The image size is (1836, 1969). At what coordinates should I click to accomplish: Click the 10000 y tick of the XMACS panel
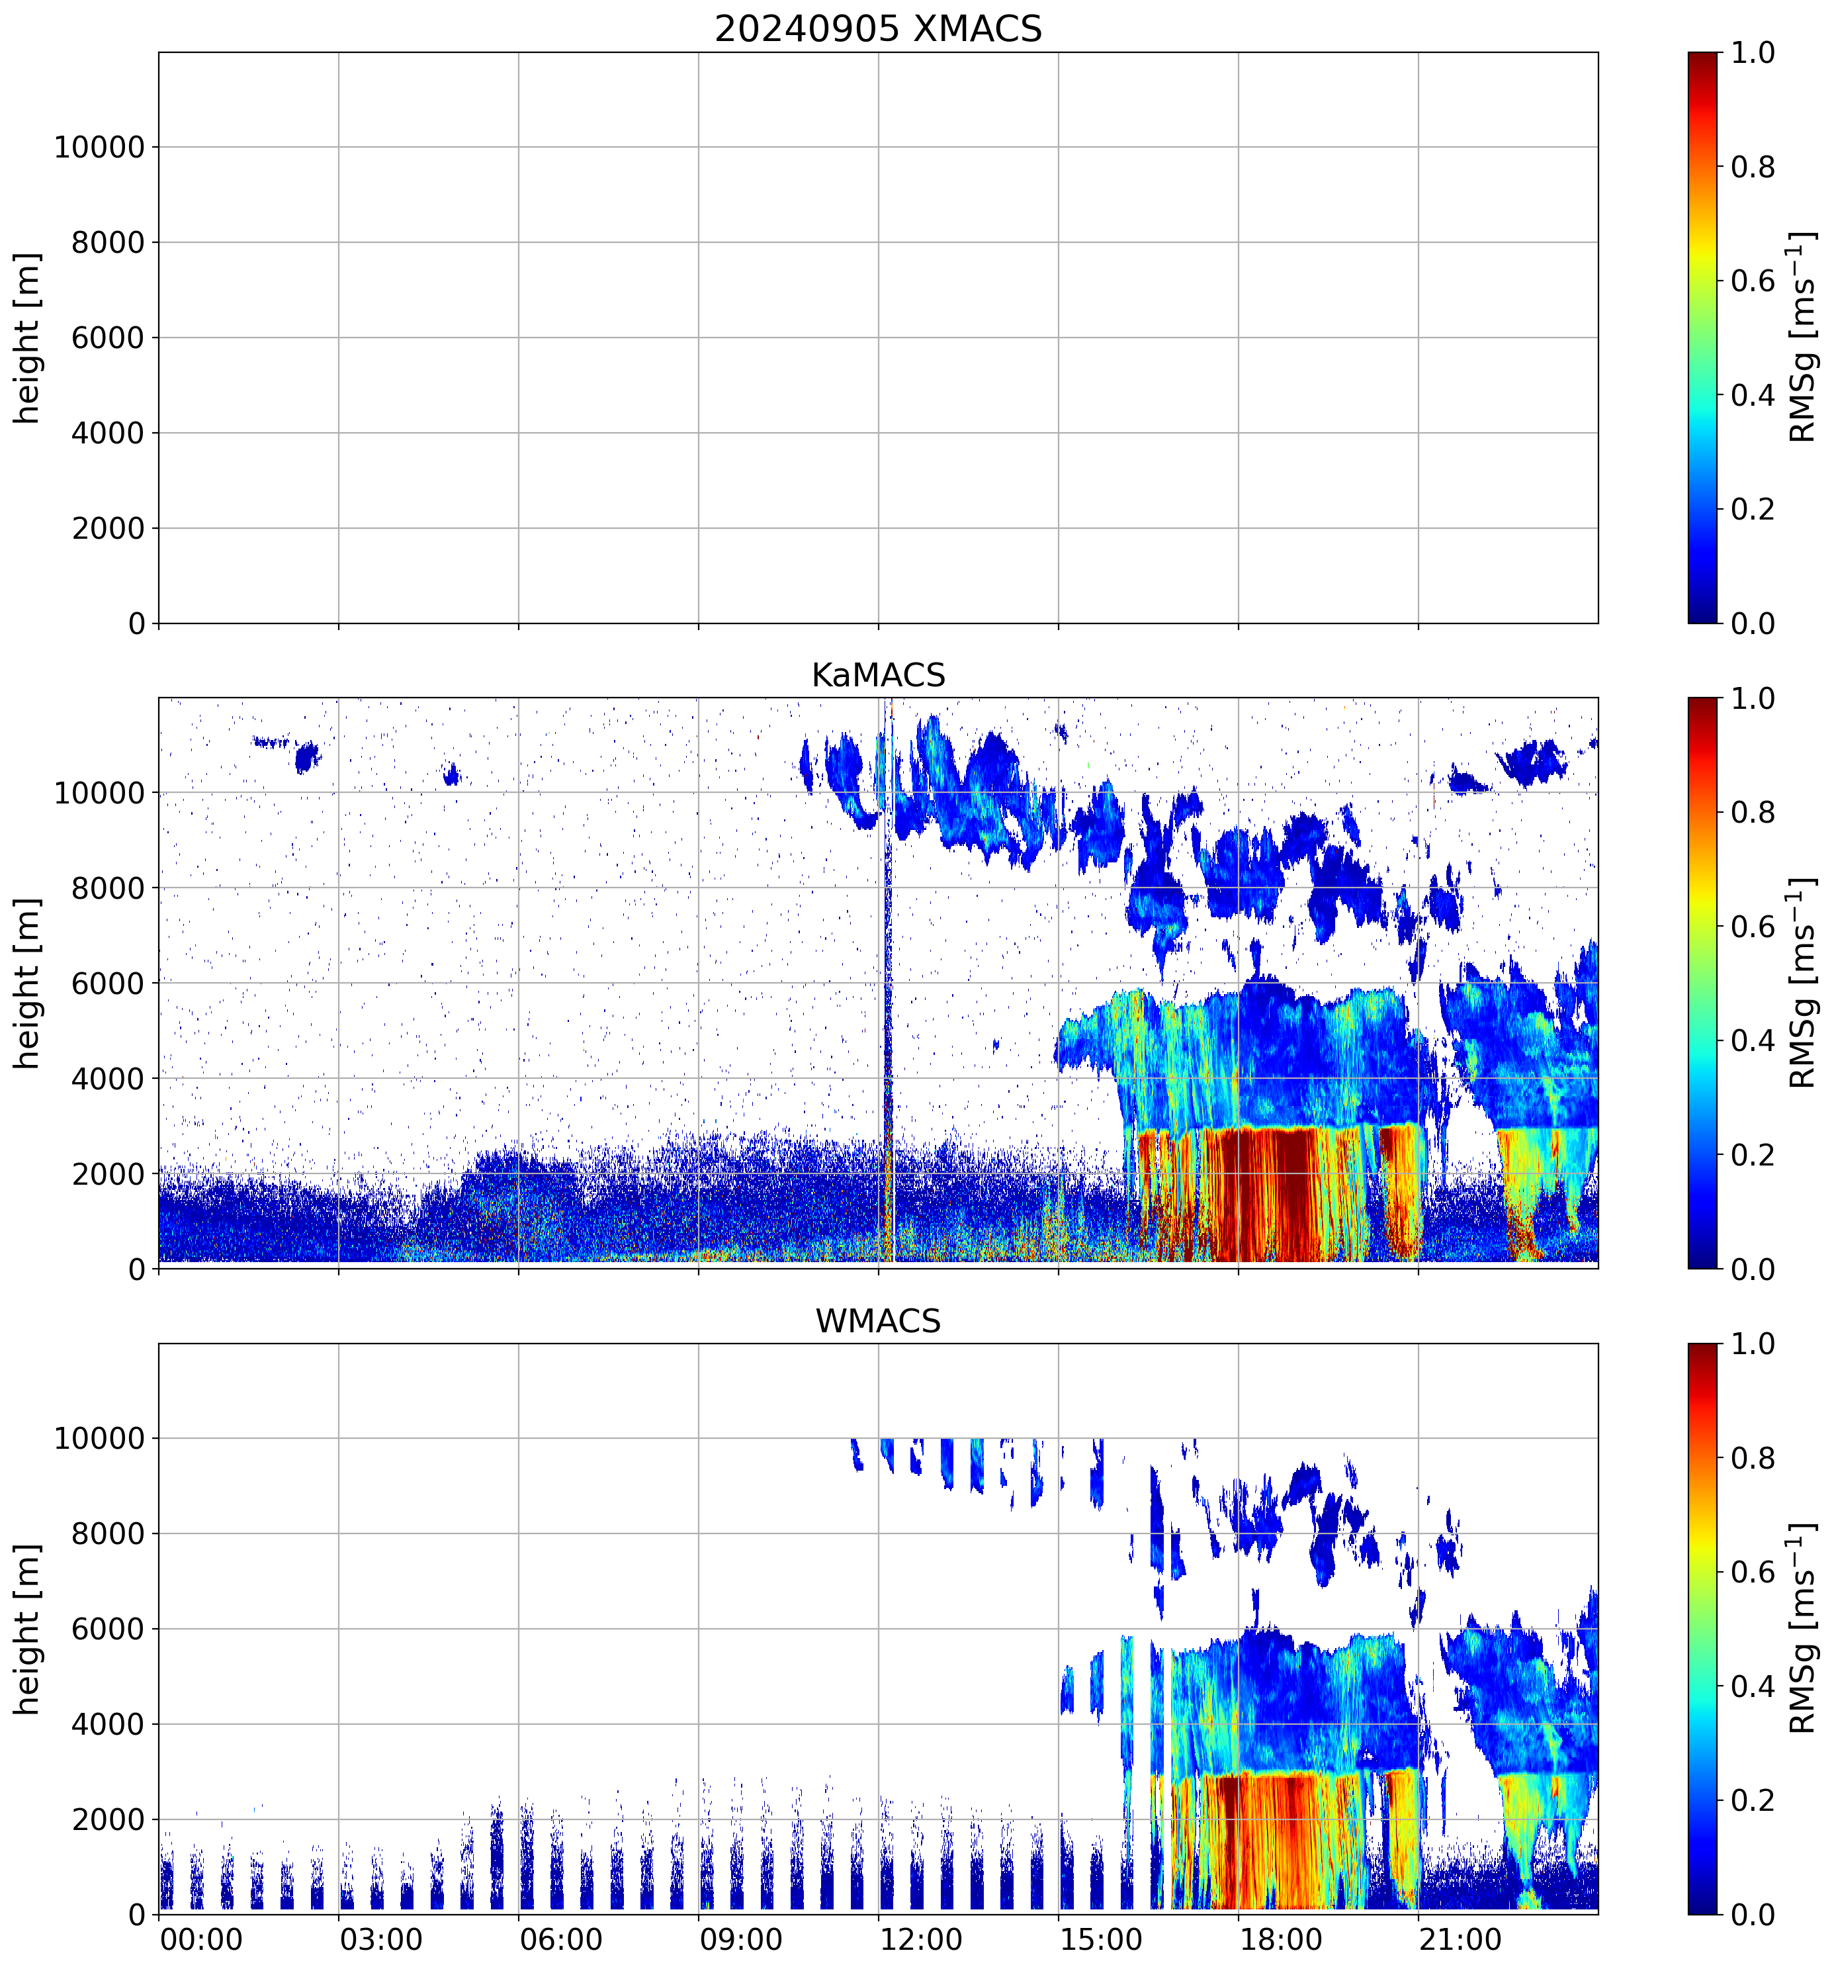[99, 148]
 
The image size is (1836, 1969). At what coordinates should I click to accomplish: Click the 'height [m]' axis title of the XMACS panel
[28, 338]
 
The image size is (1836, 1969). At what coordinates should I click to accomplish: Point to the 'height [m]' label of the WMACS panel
[28, 1629]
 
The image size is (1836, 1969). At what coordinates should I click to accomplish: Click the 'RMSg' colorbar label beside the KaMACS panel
[1802, 1040]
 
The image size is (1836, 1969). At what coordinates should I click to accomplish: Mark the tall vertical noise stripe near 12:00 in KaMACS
[887, 981]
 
